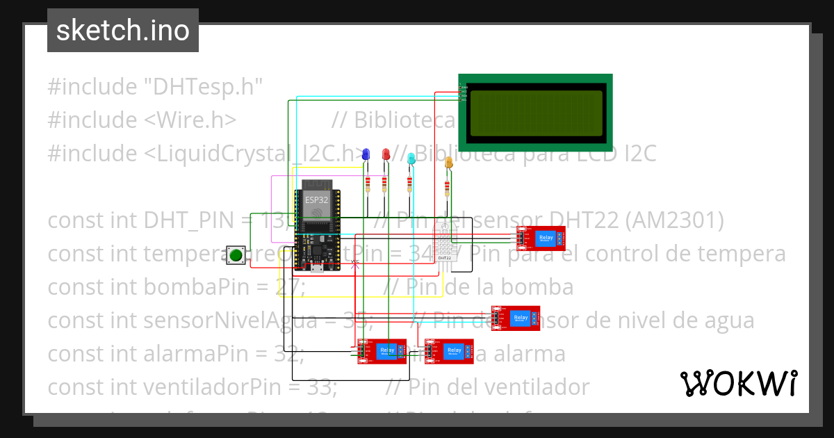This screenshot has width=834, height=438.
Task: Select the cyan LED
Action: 411,158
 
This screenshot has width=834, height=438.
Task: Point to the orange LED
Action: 448,163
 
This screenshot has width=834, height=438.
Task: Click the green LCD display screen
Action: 535,113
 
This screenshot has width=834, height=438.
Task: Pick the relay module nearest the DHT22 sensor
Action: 541,238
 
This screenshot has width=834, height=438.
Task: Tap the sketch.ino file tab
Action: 123,31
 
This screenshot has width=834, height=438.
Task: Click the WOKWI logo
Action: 738,383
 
